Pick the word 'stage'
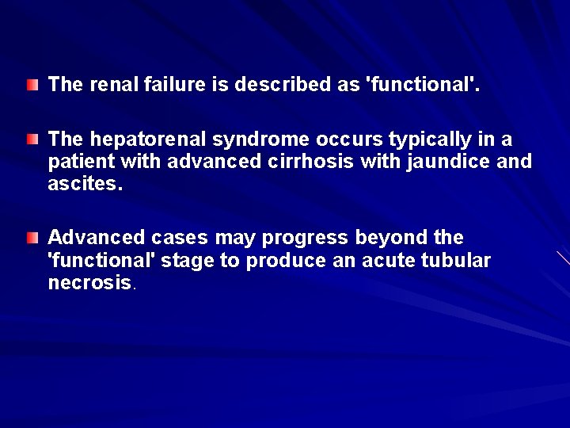187,261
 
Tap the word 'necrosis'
89,282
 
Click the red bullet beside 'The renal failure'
31,83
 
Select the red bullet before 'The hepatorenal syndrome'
31,139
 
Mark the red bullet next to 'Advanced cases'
31,238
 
